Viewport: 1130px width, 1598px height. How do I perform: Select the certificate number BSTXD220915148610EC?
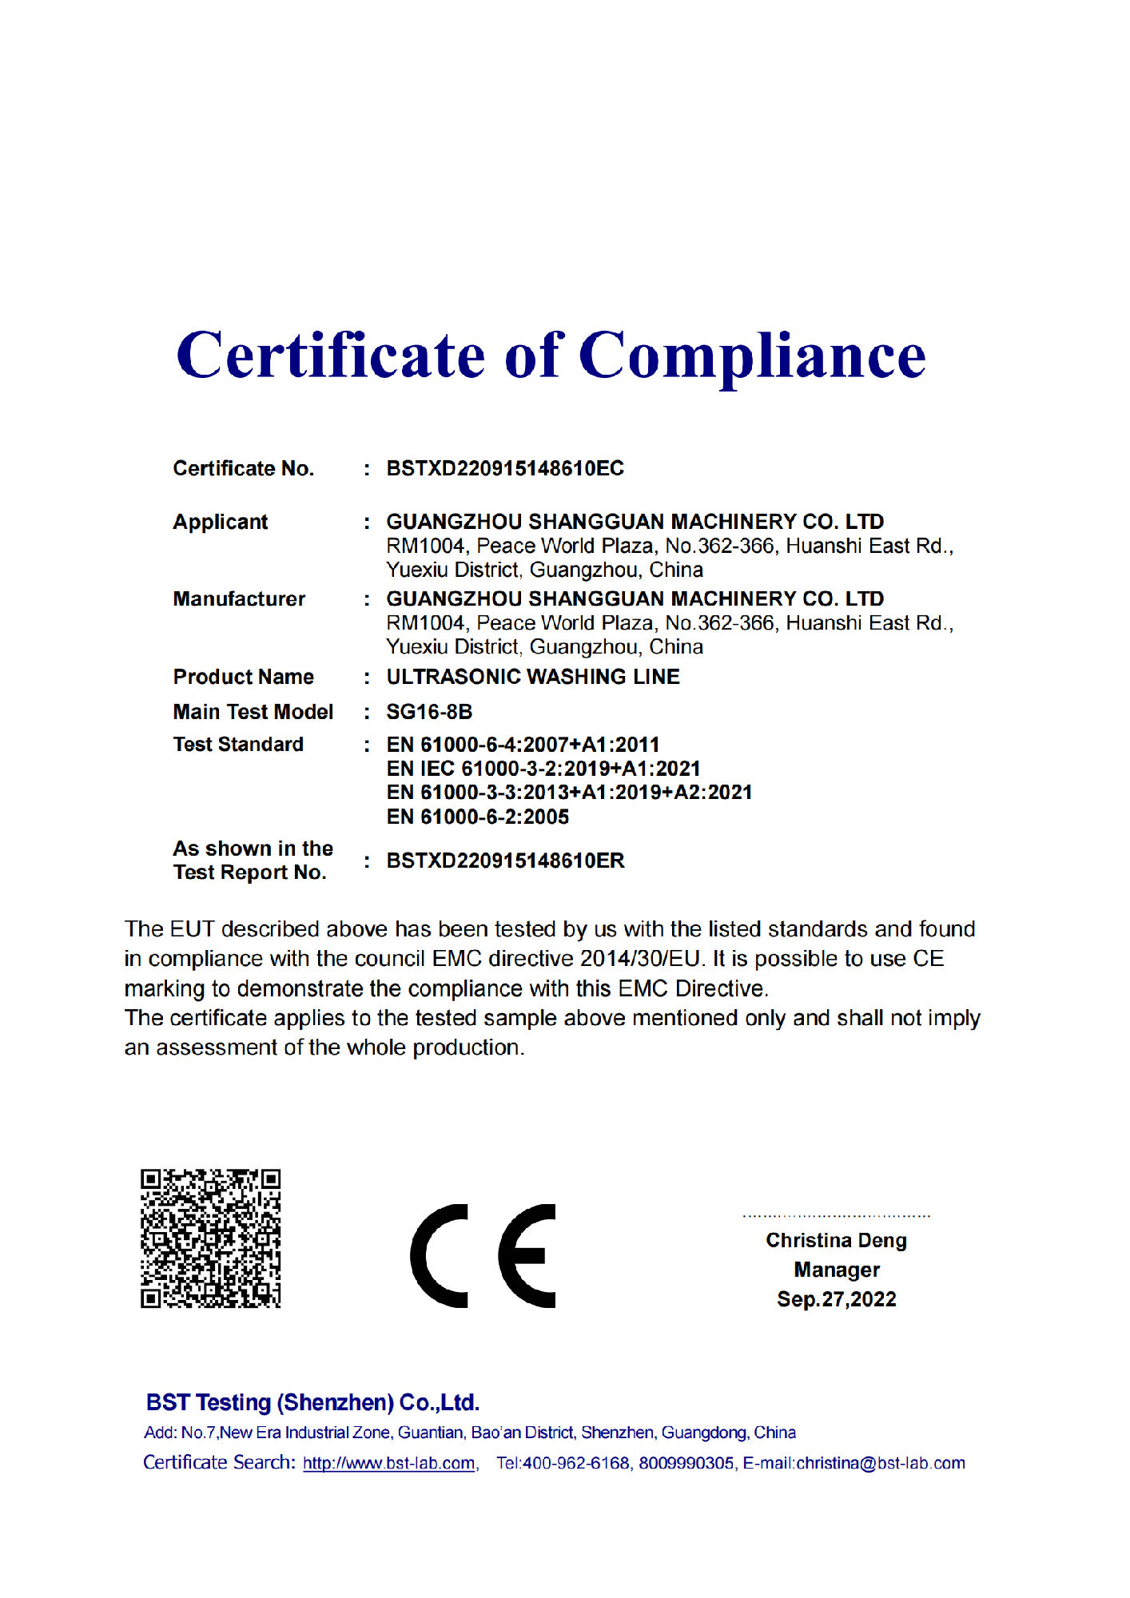(x=505, y=469)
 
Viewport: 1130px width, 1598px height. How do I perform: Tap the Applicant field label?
(x=221, y=523)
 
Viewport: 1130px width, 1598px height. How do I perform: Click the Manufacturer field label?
(x=239, y=599)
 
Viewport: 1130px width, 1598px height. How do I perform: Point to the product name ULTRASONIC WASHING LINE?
(x=533, y=678)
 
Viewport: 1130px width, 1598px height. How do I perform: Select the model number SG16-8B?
(x=429, y=712)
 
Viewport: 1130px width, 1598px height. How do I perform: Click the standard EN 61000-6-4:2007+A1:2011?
(x=523, y=745)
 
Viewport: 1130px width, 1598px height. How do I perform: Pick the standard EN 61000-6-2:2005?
(x=478, y=817)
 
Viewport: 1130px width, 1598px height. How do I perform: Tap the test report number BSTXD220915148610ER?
(x=505, y=861)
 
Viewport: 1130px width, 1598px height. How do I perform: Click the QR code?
(x=211, y=1238)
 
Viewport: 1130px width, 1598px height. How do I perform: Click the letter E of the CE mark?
(x=527, y=1256)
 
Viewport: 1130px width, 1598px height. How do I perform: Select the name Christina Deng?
(x=836, y=1241)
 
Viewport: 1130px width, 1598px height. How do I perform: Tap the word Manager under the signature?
(x=837, y=1270)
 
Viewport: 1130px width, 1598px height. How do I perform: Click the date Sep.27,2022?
(x=837, y=1300)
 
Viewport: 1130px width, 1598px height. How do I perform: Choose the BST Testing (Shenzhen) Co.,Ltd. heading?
(x=312, y=1403)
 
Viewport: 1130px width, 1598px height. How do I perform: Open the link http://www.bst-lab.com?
(x=389, y=1464)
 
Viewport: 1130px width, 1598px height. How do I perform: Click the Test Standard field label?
(x=238, y=745)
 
